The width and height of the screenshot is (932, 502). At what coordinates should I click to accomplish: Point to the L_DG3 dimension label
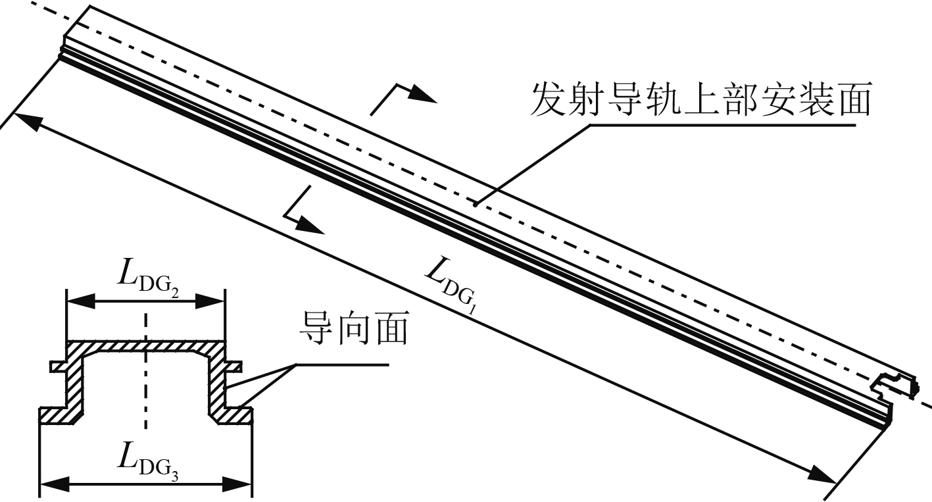coord(149,460)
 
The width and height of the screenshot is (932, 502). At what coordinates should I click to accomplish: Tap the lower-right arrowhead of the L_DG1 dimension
coord(822,473)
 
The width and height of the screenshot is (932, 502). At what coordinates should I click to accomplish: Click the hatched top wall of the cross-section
coord(145,346)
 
